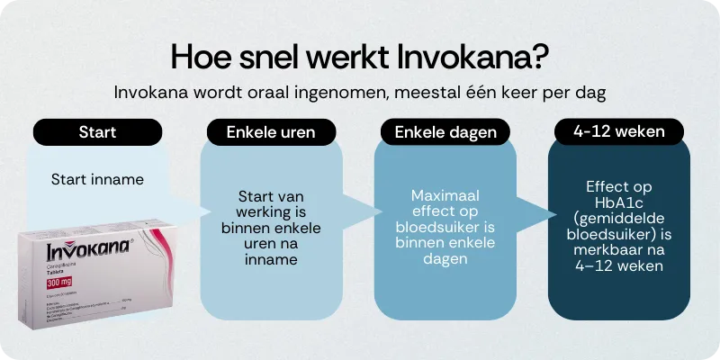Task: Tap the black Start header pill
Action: click(x=97, y=131)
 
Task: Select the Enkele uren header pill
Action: click(x=271, y=132)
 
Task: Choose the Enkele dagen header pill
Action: click(x=445, y=132)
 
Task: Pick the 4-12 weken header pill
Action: click(x=618, y=131)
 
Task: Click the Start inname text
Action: click(x=97, y=179)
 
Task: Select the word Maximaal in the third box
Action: click(x=445, y=195)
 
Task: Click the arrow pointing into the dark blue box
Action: click(x=544, y=213)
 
